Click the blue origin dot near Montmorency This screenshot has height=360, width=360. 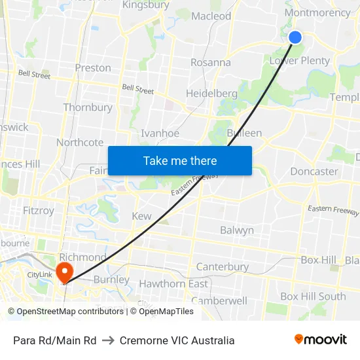coord(295,37)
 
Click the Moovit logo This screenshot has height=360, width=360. coord(321,340)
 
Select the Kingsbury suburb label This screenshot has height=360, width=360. coord(145,5)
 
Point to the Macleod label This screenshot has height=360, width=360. coord(211,16)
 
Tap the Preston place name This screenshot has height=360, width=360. coord(93,67)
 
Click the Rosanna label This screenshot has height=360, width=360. coord(210,63)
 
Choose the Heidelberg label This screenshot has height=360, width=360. coord(211,94)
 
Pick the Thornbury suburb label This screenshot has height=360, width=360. coord(88,107)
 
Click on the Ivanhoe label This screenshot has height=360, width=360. coord(160,133)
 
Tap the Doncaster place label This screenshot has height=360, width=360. coord(314,171)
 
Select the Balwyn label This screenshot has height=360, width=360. coord(237,230)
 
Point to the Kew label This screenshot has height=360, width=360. coord(141,216)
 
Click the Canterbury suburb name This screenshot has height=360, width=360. coord(223,267)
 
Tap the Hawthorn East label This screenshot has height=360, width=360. coord(173,284)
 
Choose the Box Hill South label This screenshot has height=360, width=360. coord(313,297)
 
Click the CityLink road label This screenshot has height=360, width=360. coord(39,275)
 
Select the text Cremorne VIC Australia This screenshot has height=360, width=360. coord(177,340)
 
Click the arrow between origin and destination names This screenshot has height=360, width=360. coord(108,340)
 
